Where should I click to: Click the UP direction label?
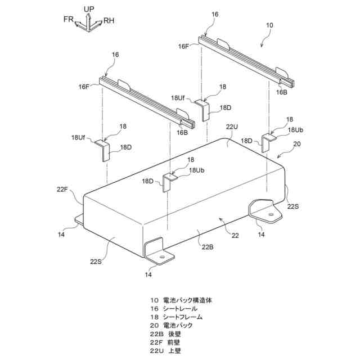(88, 10)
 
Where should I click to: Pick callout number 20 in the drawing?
(298, 143)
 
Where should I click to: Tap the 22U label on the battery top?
(232, 128)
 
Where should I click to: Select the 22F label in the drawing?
(62, 190)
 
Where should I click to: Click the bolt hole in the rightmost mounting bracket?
(272, 214)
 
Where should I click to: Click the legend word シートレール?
(179, 309)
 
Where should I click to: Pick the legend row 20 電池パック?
(172, 326)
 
